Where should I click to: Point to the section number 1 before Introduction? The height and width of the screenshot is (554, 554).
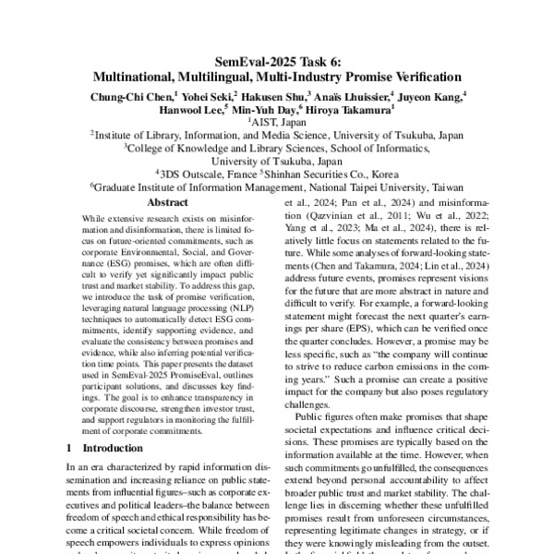point(71,448)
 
